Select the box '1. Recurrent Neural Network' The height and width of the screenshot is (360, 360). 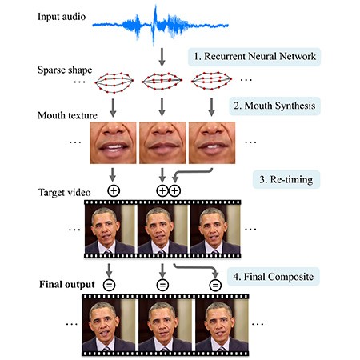click(254, 58)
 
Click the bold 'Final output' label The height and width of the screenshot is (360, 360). click(50, 284)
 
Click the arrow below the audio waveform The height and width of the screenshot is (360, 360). click(162, 57)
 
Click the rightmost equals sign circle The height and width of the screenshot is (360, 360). click(215, 284)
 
